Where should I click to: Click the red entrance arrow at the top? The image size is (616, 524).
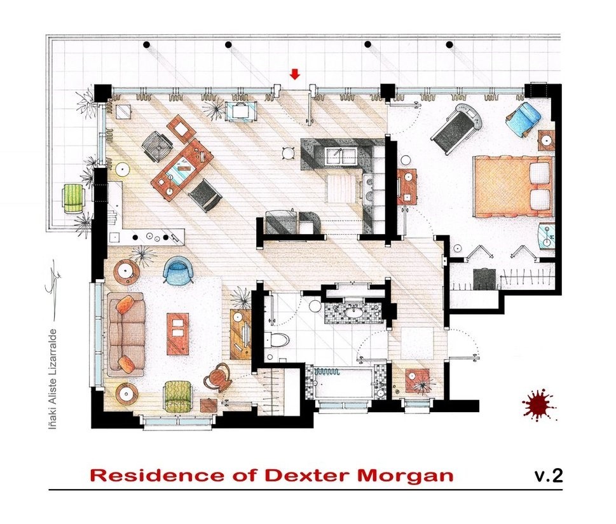[294, 74]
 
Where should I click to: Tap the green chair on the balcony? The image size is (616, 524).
[74, 198]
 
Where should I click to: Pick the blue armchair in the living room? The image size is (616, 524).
[177, 270]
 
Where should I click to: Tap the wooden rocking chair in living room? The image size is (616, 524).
[218, 378]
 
